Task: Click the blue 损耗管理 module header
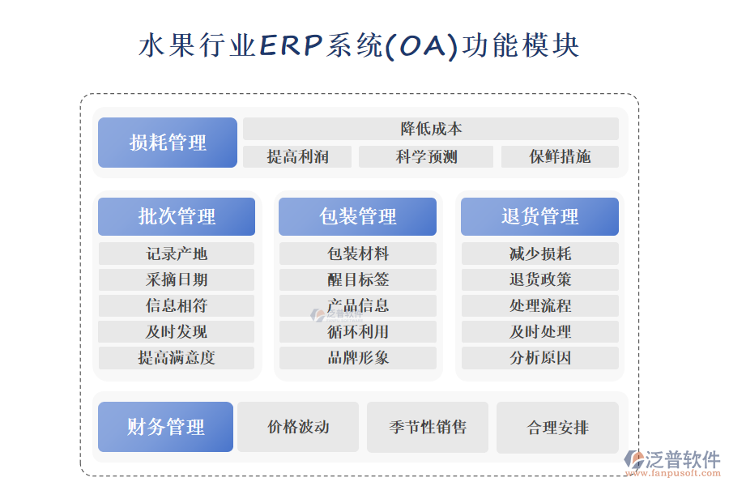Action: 168,143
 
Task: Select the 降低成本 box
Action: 431,129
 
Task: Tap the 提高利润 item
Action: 297,156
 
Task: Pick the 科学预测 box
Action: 426,156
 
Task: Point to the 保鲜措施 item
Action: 560,156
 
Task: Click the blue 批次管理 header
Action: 177,216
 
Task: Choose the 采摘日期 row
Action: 177,279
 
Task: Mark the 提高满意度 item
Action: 177,358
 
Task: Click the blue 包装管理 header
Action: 357,216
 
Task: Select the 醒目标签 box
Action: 358,279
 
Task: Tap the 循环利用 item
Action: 358,331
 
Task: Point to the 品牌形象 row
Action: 358,358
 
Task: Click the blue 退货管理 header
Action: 539,216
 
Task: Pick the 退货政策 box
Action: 540,279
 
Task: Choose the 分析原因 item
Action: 540,358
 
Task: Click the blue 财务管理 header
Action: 165,427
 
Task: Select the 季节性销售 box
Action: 428,427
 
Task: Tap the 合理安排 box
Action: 557,428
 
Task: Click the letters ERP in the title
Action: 291,45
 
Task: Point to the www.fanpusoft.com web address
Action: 672,473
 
